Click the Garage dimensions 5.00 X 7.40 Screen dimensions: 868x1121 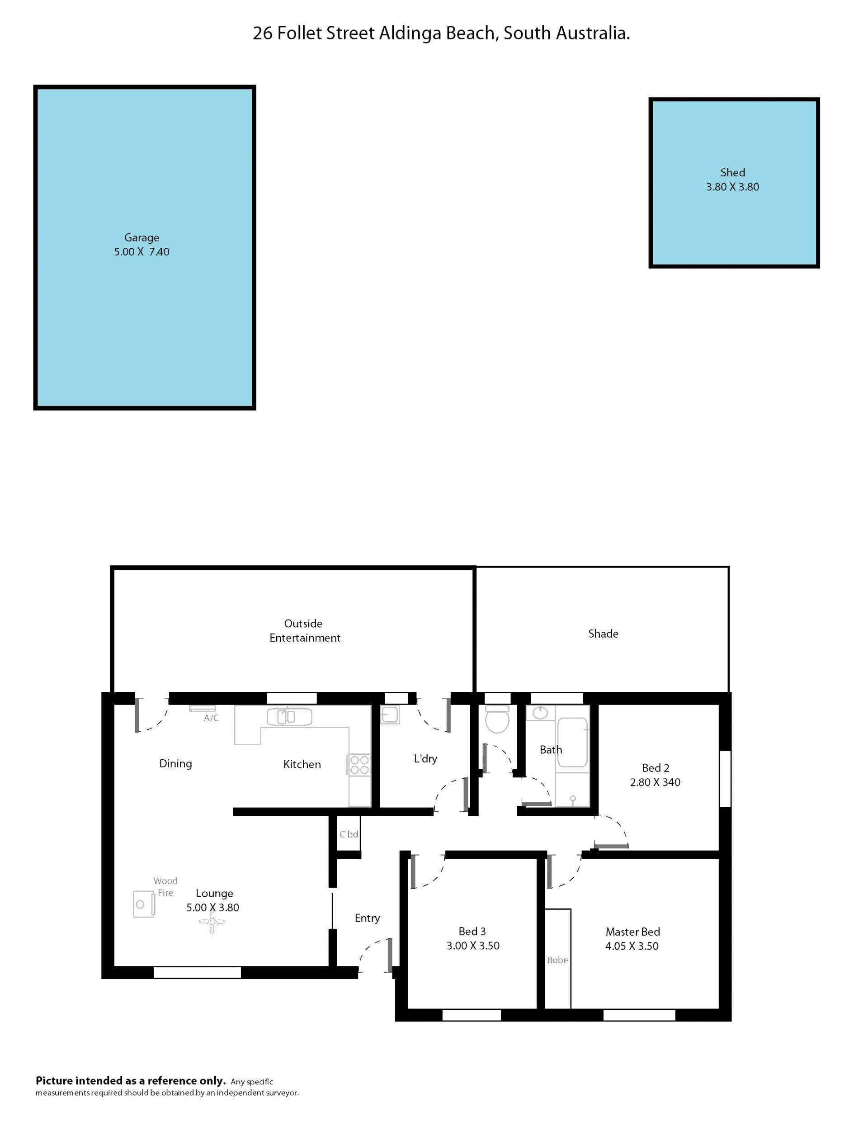click(142, 251)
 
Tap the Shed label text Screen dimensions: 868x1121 click(732, 172)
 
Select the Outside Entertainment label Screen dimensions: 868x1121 click(305, 630)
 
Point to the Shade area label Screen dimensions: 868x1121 click(603, 634)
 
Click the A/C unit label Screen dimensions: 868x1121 click(212, 718)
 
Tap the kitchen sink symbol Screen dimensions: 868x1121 click(289, 717)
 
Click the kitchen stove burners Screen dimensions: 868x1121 click(359, 765)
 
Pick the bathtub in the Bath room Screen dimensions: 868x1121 click(572, 742)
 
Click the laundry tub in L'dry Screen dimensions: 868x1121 click(390, 714)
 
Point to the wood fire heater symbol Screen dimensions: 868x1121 click(144, 904)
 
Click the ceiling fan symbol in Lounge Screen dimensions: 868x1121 click(212, 922)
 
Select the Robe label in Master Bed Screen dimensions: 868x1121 click(557, 960)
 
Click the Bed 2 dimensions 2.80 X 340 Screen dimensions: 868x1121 click(655, 782)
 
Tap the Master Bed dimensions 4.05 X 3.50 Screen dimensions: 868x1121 click(632, 946)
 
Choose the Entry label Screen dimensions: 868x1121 click(367, 918)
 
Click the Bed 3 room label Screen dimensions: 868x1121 click(472, 931)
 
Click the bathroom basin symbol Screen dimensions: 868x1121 click(540, 713)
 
